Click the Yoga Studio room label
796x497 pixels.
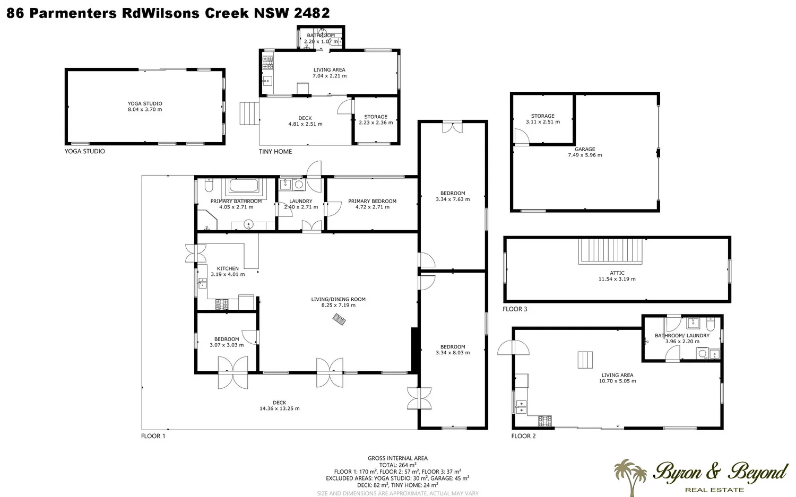(145, 104)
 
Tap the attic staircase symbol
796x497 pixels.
(611, 250)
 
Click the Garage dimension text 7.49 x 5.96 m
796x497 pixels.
(585, 155)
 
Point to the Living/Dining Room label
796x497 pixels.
(338, 299)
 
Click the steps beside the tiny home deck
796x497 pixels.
(248, 114)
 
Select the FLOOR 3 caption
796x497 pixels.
(515, 309)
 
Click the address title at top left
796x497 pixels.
(168, 13)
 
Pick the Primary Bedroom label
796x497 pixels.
(372, 201)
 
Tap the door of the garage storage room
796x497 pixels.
(521, 138)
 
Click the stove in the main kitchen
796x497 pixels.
(221, 304)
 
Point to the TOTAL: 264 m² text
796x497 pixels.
(397, 465)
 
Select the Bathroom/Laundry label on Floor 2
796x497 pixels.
(682, 335)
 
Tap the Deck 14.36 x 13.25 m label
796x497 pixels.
(280, 406)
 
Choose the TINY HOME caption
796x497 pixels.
(275, 152)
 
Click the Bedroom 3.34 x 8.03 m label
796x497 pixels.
(453, 350)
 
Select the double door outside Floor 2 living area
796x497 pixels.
(513, 348)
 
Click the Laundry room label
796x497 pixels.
(301, 201)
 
